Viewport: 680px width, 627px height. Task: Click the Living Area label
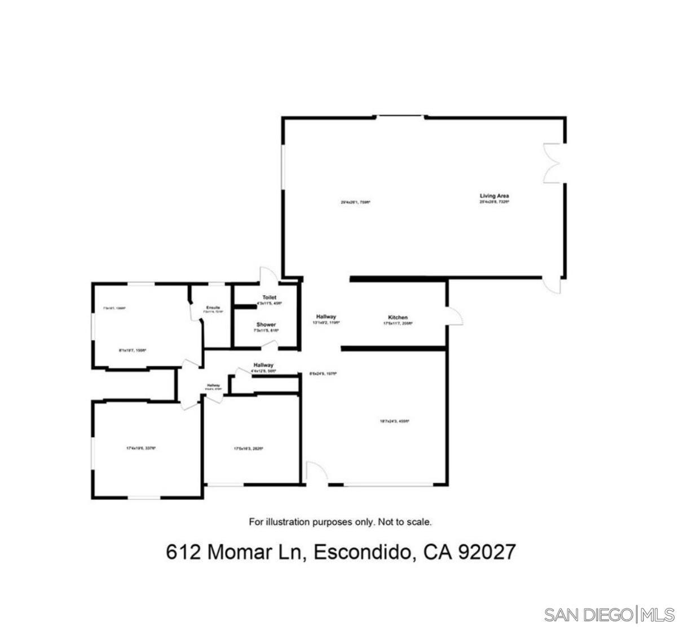click(494, 196)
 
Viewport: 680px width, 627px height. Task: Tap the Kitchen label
click(398, 318)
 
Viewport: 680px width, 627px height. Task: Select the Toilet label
click(269, 297)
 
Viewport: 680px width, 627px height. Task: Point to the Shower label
click(266, 325)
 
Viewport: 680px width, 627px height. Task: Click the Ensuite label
click(213, 307)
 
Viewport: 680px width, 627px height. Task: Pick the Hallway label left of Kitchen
click(326, 317)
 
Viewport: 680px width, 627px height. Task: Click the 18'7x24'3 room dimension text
click(394, 421)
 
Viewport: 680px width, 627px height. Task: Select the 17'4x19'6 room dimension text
click(140, 448)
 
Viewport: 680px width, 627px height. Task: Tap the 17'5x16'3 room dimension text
click(249, 449)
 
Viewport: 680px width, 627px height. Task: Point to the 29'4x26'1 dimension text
click(355, 202)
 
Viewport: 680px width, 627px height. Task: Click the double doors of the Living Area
click(551, 163)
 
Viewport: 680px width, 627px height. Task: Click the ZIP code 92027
click(487, 552)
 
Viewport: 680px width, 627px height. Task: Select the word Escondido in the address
click(361, 552)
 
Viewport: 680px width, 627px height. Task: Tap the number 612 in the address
click(183, 552)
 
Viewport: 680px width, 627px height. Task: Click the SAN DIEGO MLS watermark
click(610, 613)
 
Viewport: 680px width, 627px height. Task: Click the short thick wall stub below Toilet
click(245, 306)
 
